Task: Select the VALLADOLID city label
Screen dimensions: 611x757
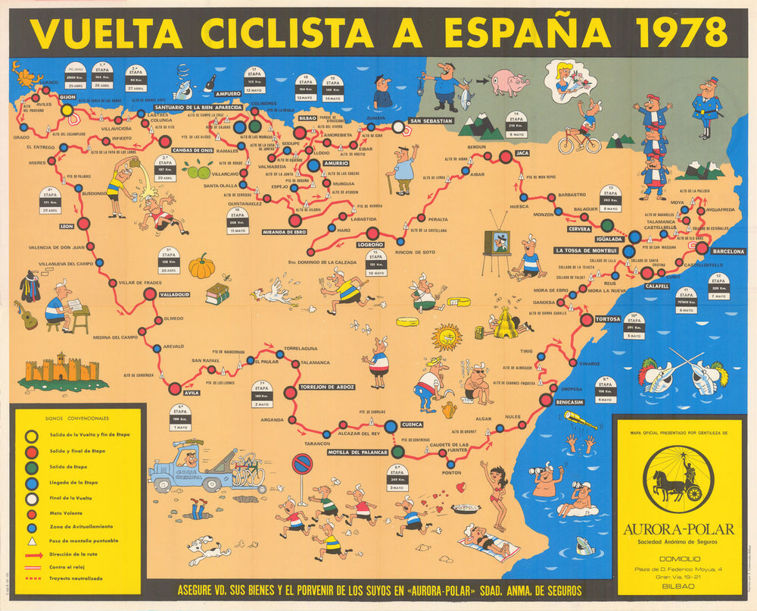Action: (175, 293)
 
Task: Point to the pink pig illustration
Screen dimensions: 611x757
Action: (509, 81)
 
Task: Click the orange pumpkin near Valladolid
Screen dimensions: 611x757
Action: (202, 266)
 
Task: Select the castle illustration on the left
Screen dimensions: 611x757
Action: (63, 369)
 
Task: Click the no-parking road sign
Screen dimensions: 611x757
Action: (302, 463)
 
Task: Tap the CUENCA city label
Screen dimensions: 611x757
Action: (413, 425)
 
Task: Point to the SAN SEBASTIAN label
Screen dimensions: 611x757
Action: (431, 121)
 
